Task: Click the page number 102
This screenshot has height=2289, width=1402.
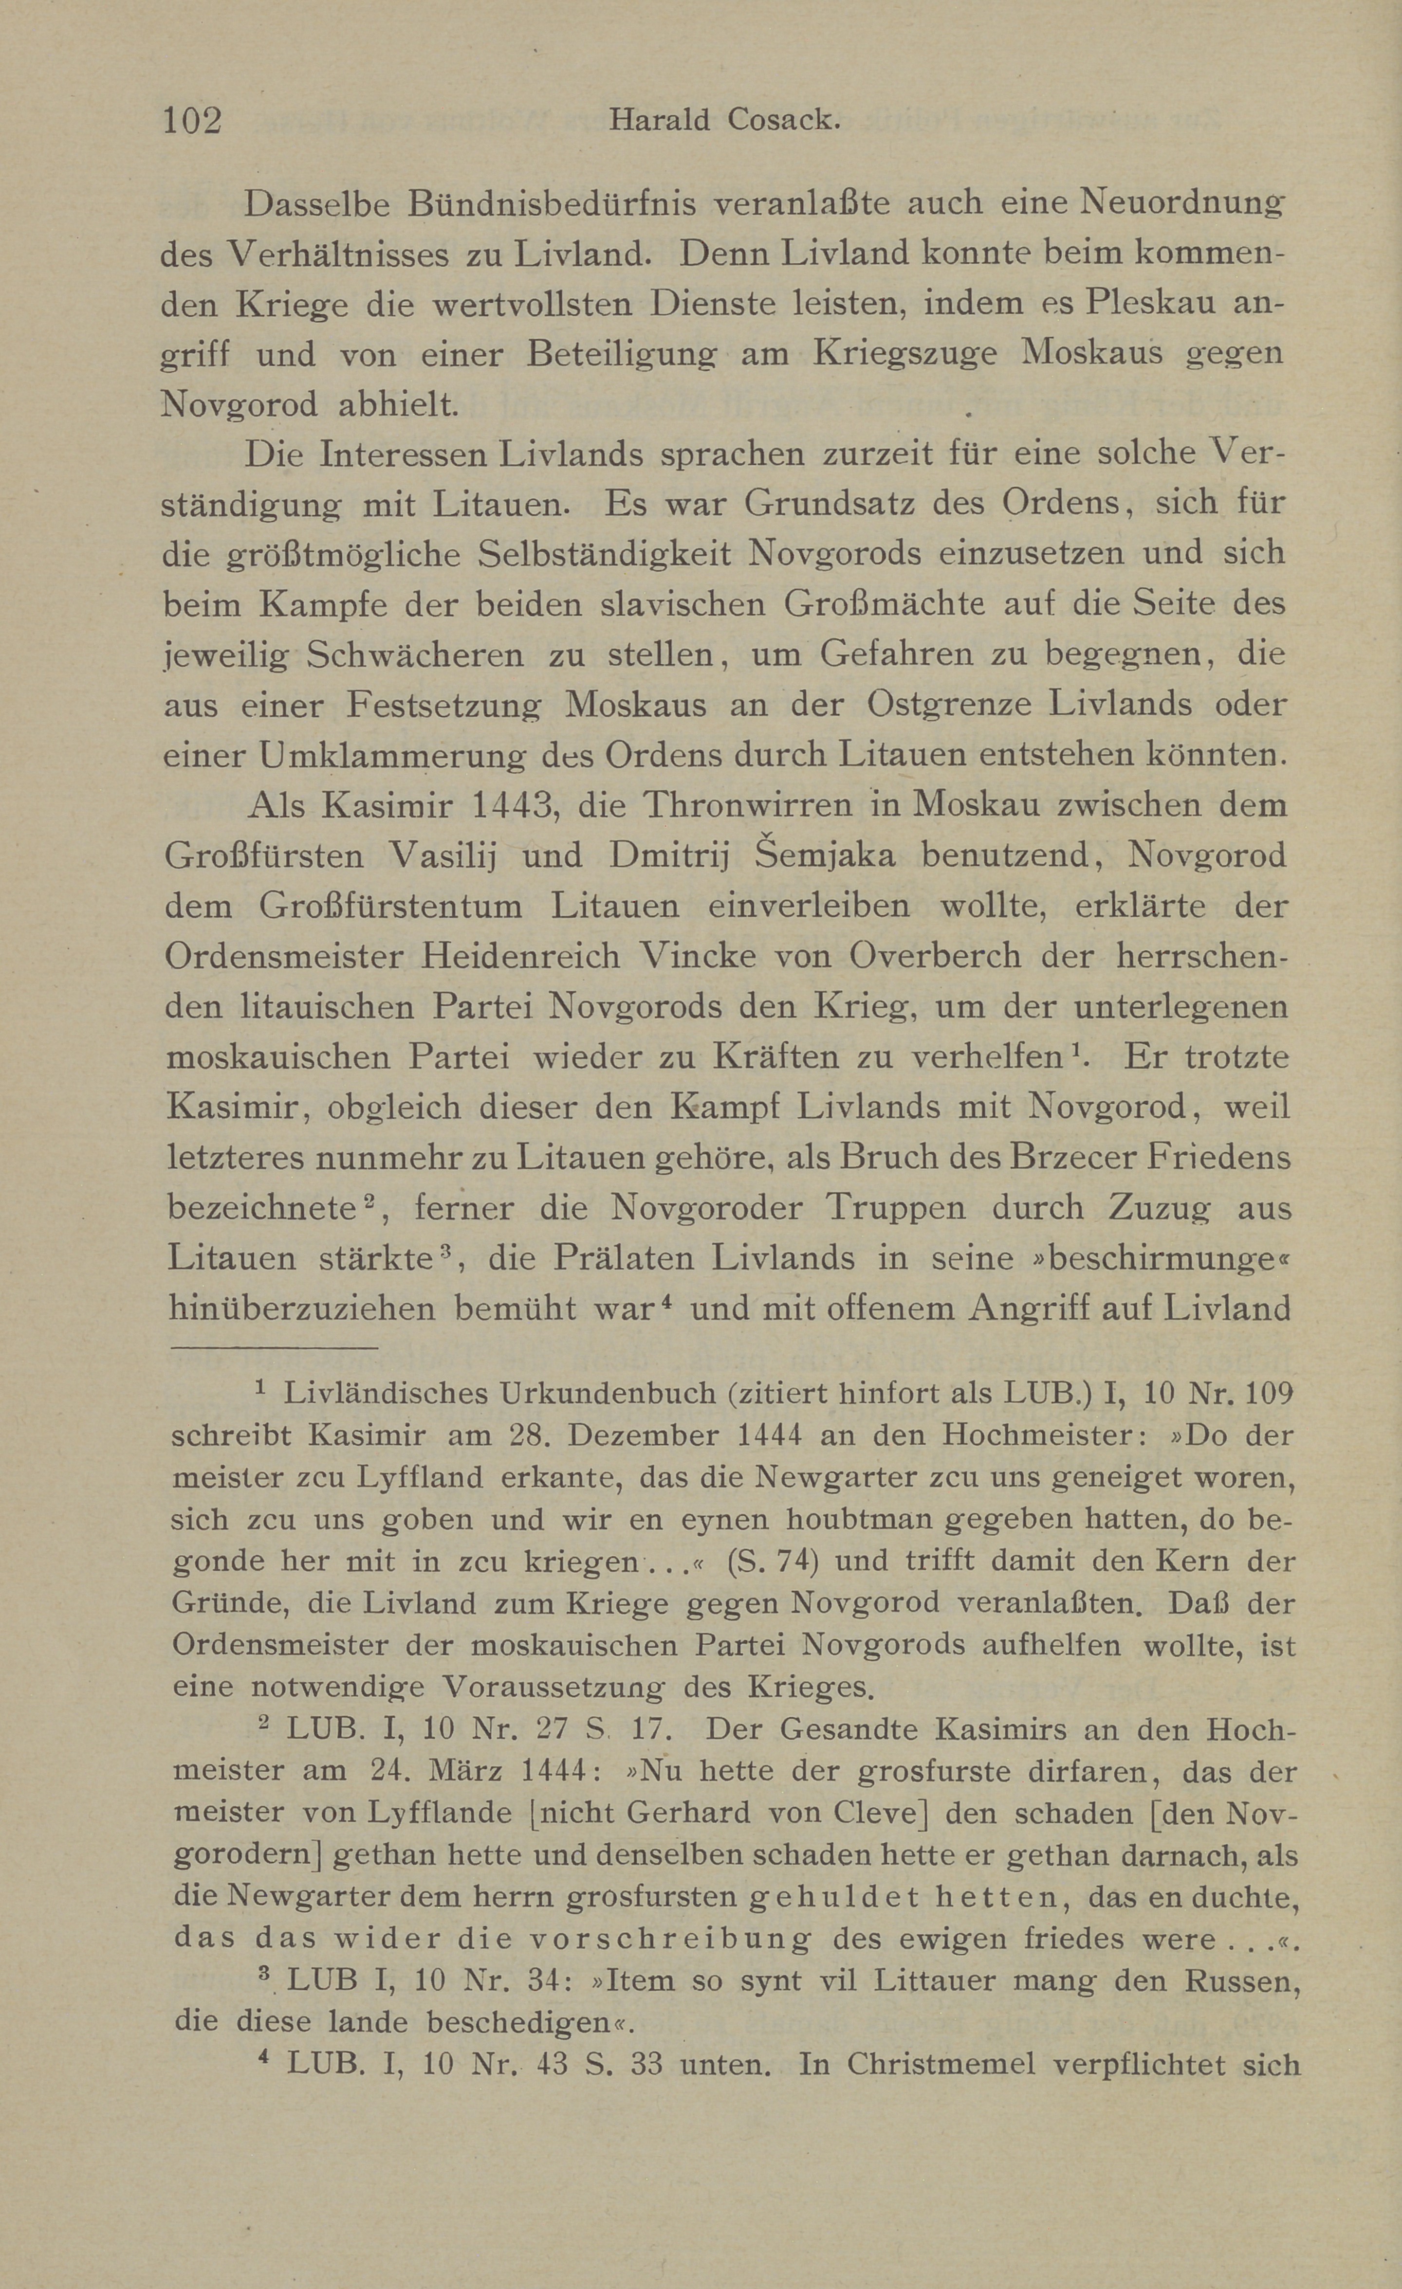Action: point(192,121)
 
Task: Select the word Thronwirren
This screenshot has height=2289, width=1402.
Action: point(725,804)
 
